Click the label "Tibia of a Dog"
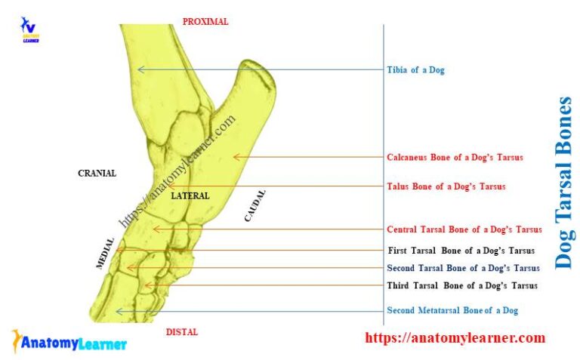point(415,70)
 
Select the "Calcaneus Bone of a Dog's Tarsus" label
point(455,157)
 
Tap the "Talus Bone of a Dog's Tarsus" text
point(446,186)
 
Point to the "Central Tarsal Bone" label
point(464,229)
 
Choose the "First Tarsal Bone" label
point(461,251)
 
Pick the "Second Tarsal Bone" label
point(463,268)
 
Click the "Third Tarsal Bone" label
point(462,286)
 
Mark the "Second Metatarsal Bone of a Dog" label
point(452,311)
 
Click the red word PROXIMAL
point(205,22)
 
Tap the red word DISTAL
point(182,332)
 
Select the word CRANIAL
point(97,174)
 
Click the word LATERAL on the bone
point(190,196)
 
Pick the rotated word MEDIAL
point(106,254)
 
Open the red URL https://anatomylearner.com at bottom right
point(455,338)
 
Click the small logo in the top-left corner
point(29,29)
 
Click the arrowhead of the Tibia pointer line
point(139,70)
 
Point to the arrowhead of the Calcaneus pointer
point(236,157)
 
